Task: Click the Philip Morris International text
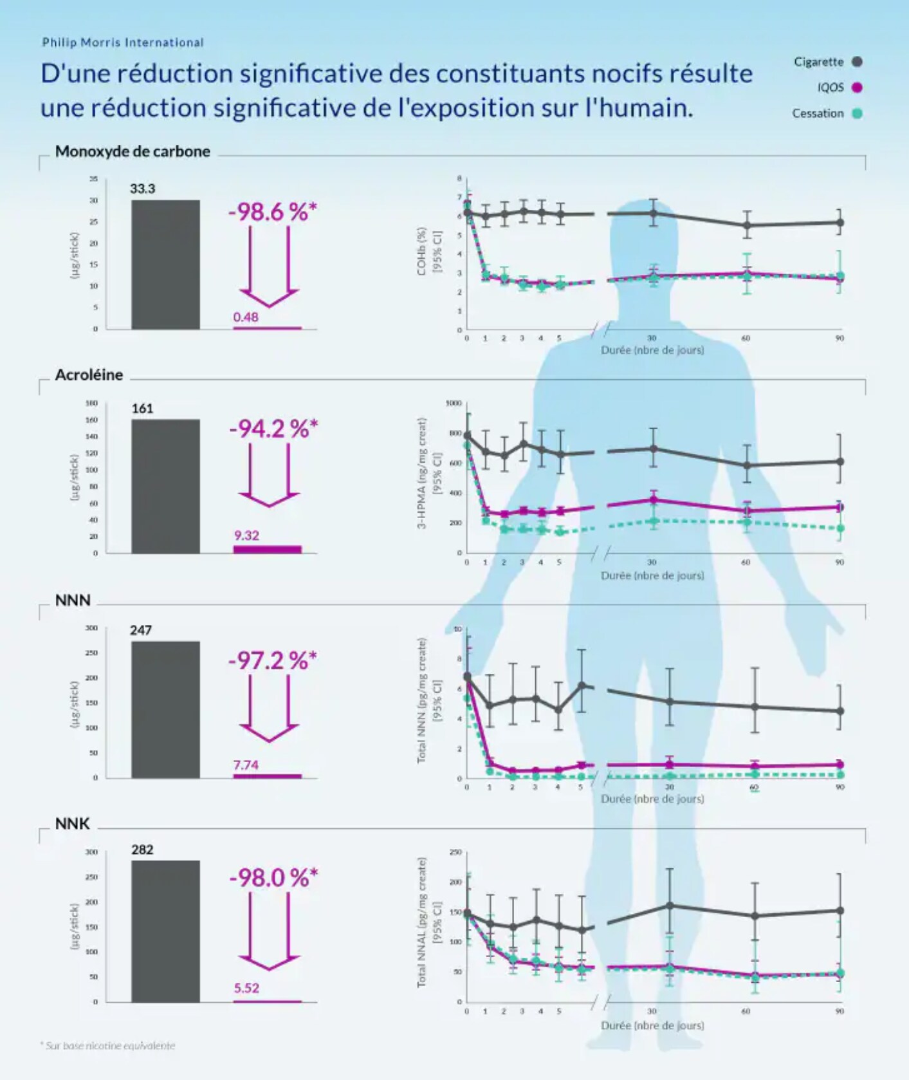[x=123, y=42]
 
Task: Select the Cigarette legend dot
[x=857, y=62]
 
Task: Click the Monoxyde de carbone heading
[x=133, y=151]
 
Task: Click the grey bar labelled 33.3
[x=165, y=265]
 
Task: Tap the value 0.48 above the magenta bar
[x=246, y=317]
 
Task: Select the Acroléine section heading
[x=89, y=375]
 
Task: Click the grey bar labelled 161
[x=165, y=486]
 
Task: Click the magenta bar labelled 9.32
[x=267, y=549]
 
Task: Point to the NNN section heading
[x=73, y=600]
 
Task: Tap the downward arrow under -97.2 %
[x=269, y=708]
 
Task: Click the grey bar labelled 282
[x=165, y=931]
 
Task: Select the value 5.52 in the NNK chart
[x=246, y=988]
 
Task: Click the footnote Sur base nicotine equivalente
[x=108, y=1046]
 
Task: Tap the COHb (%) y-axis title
[x=422, y=251]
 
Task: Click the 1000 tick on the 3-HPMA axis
[x=454, y=404]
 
